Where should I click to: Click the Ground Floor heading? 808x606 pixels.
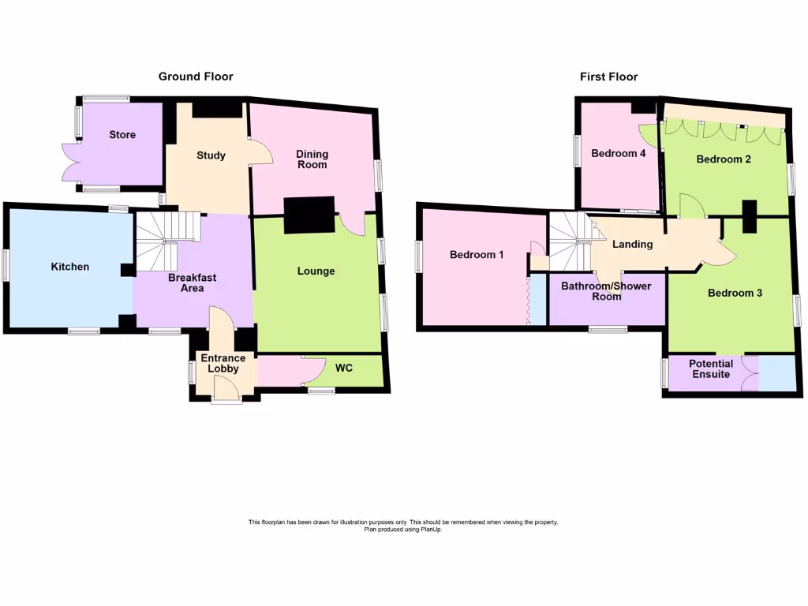[x=196, y=77]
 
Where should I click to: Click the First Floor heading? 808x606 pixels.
[x=608, y=77]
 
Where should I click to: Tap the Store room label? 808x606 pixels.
[x=122, y=135]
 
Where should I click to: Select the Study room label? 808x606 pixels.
[x=211, y=155]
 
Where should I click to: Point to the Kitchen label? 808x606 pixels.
[x=70, y=267]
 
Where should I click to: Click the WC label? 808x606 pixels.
[x=344, y=368]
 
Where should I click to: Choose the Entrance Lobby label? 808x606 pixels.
[x=223, y=364]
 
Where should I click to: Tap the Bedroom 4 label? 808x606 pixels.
[x=619, y=153]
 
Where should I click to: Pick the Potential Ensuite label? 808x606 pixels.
[x=711, y=368]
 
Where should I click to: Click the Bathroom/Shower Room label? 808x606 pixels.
[x=606, y=291]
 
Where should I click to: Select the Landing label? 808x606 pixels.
[x=633, y=245]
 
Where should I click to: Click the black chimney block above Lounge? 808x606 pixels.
[x=309, y=215]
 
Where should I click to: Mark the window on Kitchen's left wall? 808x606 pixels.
[x=6, y=265]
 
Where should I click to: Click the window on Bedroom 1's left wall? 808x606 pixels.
[x=419, y=256]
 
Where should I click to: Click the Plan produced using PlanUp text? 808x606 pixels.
[x=402, y=529]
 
